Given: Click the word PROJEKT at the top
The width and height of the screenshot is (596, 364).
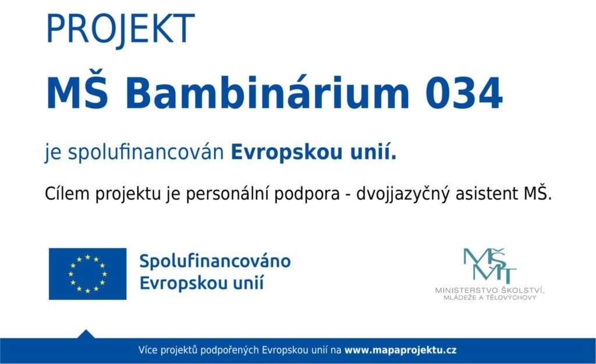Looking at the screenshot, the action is pyautogui.click(x=120, y=29).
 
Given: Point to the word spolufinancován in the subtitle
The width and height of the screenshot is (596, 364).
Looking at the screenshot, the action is pyautogui.click(x=146, y=153).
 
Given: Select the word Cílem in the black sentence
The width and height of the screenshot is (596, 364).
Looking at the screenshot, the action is pyautogui.click(x=68, y=193).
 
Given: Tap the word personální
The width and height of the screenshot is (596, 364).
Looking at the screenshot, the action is pyautogui.click(x=229, y=193).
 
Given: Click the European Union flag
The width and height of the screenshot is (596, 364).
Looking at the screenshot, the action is pyautogui.click(x=87, y=274).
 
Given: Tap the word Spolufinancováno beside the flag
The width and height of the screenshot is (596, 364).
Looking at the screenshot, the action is pyautogui.click(x=215, y=261).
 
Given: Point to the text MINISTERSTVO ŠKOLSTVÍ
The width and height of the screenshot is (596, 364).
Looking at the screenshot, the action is pyautogui.click(x=489, y=290).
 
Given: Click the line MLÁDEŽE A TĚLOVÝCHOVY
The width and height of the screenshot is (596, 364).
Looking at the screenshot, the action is pyautogui.click(x=489, y=298).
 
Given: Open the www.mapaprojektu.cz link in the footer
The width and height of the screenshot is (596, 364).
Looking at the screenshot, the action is pyautogui.click(x=400, y=350).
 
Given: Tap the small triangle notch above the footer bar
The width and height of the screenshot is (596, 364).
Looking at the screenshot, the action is pyautogui.click(x=86, y=334).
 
